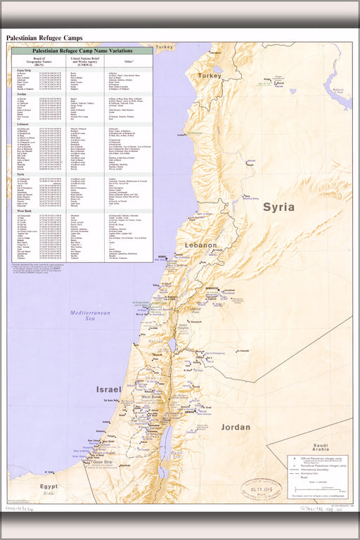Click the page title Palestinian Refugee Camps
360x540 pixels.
[x=44, y=37]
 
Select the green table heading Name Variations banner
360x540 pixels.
[x=82, y=51]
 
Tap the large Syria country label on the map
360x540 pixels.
[x=278, y=207]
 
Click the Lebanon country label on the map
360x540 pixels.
[x=201, y=245]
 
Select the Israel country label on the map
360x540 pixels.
[x=108, y=389]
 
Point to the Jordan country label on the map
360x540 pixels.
[x=235, y=427]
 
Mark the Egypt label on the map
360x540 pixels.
[x=49, y=487]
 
